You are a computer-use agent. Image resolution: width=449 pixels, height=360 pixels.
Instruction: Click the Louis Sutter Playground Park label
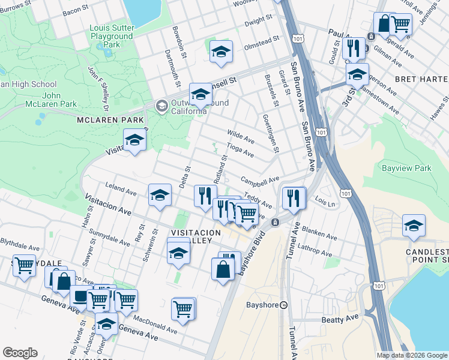click(111, 36)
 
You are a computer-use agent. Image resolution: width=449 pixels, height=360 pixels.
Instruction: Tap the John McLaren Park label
click(59, 100)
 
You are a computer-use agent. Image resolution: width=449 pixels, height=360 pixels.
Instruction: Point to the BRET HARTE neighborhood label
click(421, 79)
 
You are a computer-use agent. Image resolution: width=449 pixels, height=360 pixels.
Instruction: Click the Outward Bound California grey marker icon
click(161, 106)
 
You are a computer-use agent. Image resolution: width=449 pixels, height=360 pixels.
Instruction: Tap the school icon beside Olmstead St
click(221, 53)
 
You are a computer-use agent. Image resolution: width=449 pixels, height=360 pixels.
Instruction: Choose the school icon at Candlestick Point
click(414, 226)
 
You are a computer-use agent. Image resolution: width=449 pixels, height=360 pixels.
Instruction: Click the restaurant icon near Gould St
click(354, 48)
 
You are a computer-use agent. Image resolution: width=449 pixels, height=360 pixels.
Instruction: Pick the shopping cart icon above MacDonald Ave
click(182, 310)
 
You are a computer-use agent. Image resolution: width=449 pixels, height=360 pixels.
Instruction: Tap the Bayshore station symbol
click(284, 304)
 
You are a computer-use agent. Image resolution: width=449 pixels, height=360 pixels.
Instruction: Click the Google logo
click(20, 352)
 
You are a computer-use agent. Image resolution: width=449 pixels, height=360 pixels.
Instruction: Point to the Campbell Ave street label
click(261, 179)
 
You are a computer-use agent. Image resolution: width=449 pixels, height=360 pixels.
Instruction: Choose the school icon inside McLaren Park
click(135, 142)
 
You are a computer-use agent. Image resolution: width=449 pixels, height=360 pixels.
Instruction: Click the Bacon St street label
click(74, 10)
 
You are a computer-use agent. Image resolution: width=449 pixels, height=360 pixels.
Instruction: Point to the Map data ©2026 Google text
click(412, 355)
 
